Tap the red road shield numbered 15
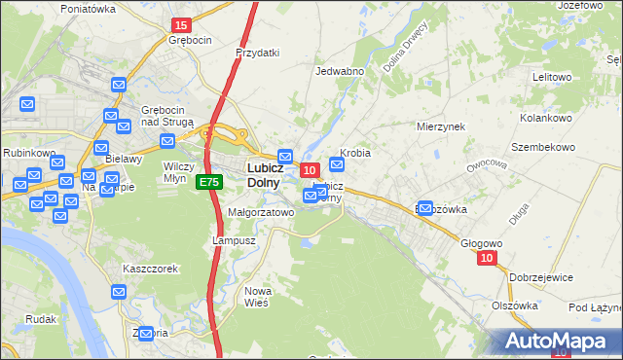pyautogui.click(x=180, y=24)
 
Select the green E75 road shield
pyautogui.click(x=208, y=182)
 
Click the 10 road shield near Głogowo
pyautogui.click(x=488, y=258)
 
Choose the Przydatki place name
pyautogui.click(x=258, y=54)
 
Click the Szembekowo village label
pyautogui.click(x=543, y=147)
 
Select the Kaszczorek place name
pyautogui.click(x=150, y=269)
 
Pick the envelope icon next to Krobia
pyautogui.click(x=337, y=164)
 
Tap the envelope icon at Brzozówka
pyautogui.click(x=424, y=206)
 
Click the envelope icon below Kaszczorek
pyautogui.click(x=119, y=291)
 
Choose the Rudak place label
pyautogui.click(x=43, y=318)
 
